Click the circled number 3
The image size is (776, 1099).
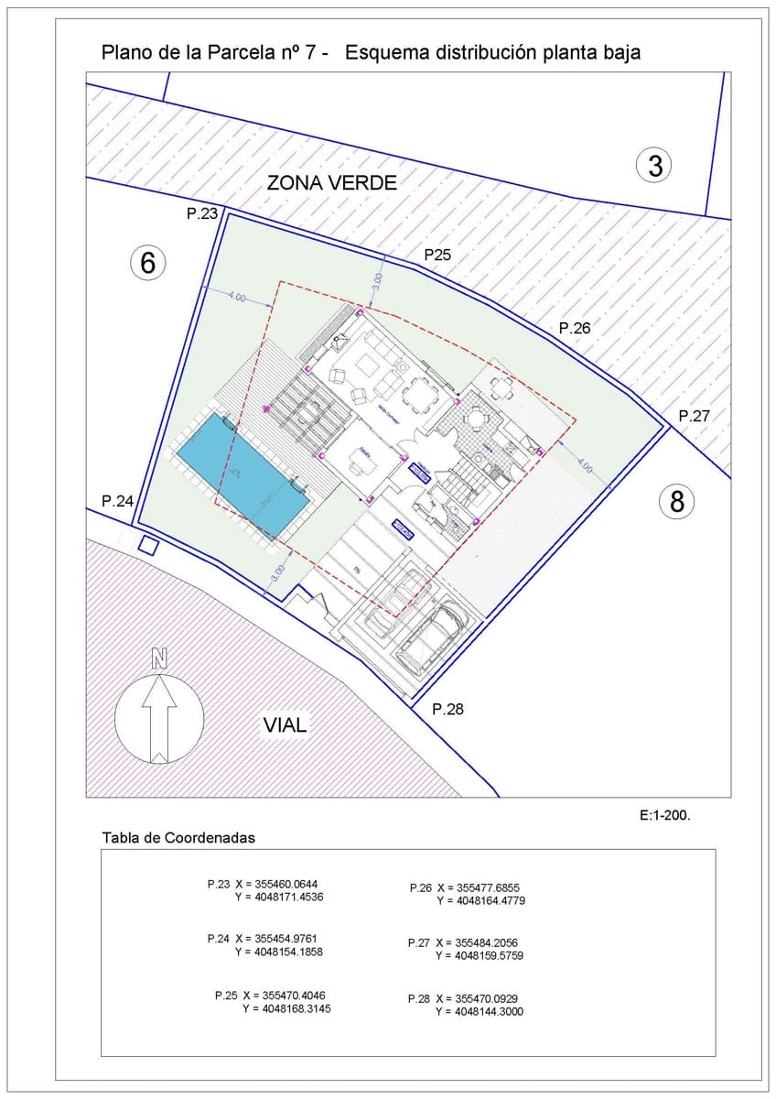(x=654, y=166)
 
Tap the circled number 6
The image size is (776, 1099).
(x=148, y=263)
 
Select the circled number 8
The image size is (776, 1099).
(x=677, y=501)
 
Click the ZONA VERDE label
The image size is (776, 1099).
(x=331, y=183)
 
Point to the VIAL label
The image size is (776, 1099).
(x=286, y=725)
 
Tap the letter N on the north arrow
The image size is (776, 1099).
(x=159, y=658)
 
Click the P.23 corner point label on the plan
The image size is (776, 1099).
(x=201, y=214)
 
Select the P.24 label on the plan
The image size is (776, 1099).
(x=118, y=501)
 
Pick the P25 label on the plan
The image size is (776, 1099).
(x=436, y=255)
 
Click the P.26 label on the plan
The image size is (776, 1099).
(x=576, y=328)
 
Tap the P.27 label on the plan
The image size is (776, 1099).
(x=695, y=416)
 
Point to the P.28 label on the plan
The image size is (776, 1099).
(x=449, y=709)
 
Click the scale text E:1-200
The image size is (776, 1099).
(x=664, y=813)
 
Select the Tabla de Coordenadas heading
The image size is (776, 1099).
(x=178, y=838)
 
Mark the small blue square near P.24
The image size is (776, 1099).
(x=147, y=546)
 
